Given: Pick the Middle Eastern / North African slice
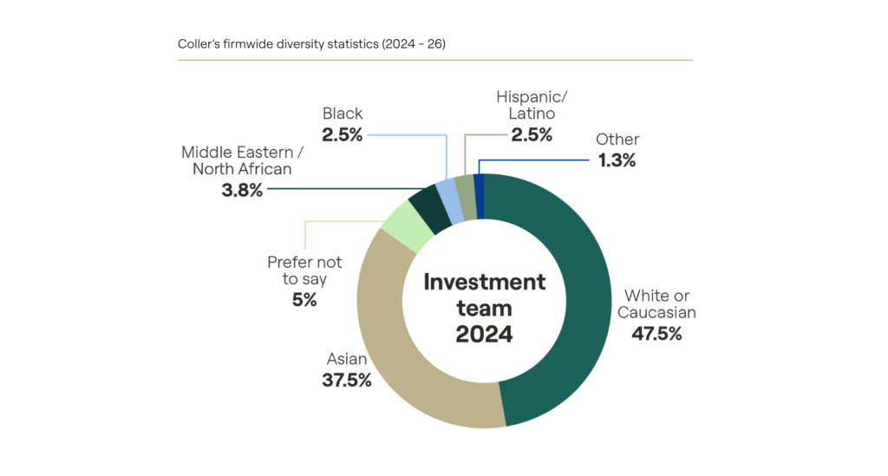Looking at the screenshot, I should [x=428, y=205].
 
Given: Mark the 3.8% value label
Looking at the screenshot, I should [x=242, y=189].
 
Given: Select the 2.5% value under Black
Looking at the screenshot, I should [x=343, y=134].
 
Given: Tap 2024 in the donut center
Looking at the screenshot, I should [x=485, y=334].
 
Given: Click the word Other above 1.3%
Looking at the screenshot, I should [x=618, y=139].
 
